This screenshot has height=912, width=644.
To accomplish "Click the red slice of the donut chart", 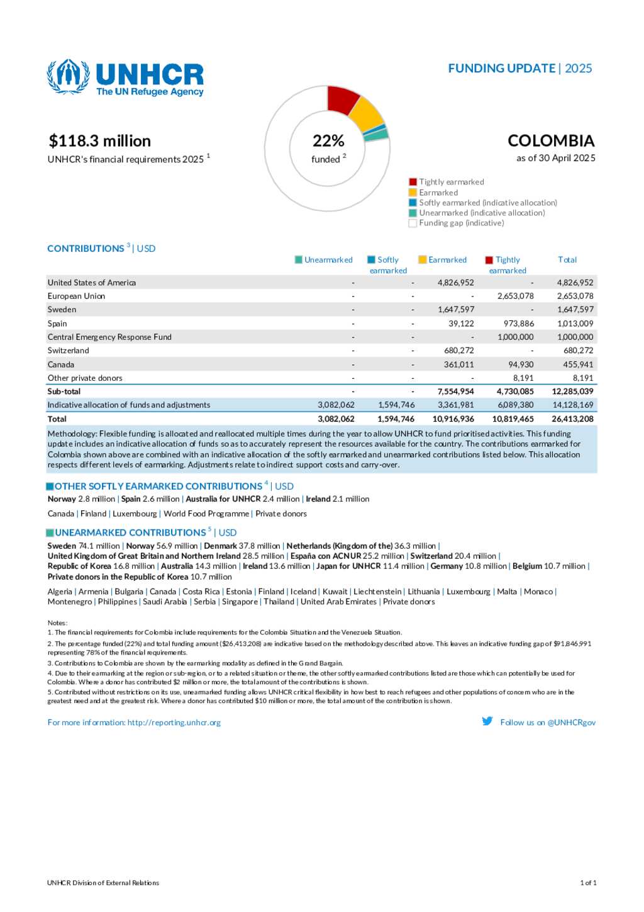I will (x=342, y=99).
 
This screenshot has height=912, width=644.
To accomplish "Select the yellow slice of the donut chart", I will (x=367, y=113).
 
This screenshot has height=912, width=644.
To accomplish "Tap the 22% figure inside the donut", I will (x=328, y=141).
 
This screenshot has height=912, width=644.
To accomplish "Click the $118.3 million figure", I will (x=100, y=141).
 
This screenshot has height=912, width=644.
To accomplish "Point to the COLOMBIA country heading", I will (x=551, y=141).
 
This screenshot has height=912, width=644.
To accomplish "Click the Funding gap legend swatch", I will (x=413, y=223).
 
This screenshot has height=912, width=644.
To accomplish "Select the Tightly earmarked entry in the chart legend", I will (x=452, y=182).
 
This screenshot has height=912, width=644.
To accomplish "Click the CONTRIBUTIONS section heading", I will (x=86, y=249).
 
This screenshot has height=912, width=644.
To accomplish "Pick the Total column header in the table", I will (x=567, y=260).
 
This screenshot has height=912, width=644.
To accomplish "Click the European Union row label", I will (x=77, y=296).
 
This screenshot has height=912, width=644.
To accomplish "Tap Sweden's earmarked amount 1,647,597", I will (x=455, y=310).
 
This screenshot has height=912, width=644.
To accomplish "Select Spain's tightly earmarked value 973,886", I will (x=518, y=324).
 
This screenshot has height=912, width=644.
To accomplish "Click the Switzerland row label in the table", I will (x=69, y=351).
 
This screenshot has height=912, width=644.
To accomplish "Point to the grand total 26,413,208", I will (x=572, y=419).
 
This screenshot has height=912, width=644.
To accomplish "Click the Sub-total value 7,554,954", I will (x=455, y=391).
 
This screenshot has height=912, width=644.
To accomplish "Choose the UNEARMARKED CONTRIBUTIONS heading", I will (x=130, y=532).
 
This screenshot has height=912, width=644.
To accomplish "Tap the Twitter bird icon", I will (x=487, y=721).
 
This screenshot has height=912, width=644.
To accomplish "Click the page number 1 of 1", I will (x=587, y=883).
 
